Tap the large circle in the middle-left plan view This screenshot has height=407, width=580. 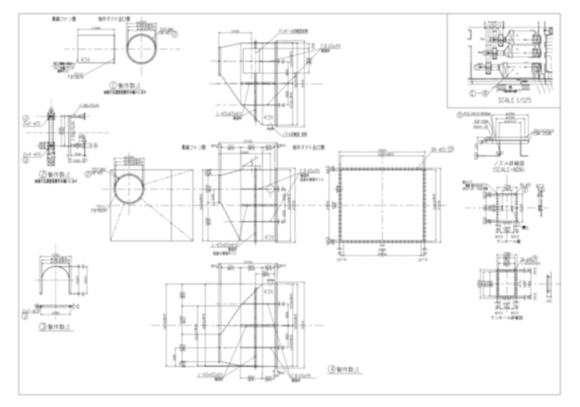pos(129,190)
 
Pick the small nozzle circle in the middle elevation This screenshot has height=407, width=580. pos(271,188)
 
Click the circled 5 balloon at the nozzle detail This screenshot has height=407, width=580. pos(459,115)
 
